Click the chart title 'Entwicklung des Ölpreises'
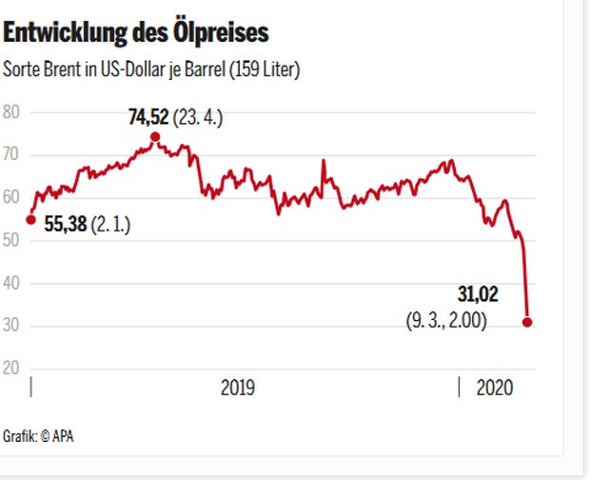pos(136,34)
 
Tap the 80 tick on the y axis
pos(11,111)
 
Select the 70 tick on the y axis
pos(11,154)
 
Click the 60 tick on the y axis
pos(11,198)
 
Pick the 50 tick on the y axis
pos(11,241)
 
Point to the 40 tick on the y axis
pos(11,284)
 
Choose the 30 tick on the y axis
pos(11,327)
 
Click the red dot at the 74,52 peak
pos(155,136)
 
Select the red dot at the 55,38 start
pos(30,220)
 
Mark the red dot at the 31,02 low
pos(527,323)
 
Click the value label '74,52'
pos(148,118)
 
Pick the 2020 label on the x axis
pos(494,388)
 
